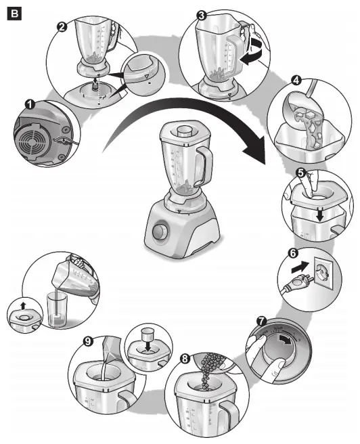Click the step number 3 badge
(201, 14)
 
